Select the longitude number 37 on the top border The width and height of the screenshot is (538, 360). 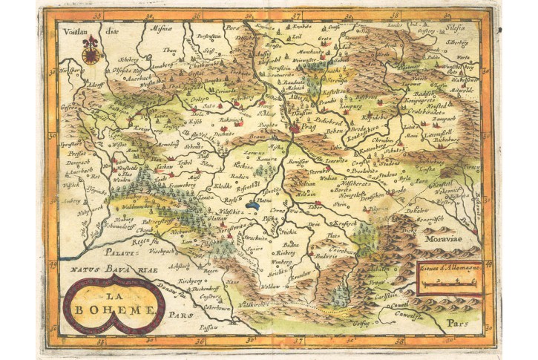tap(296, 14)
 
